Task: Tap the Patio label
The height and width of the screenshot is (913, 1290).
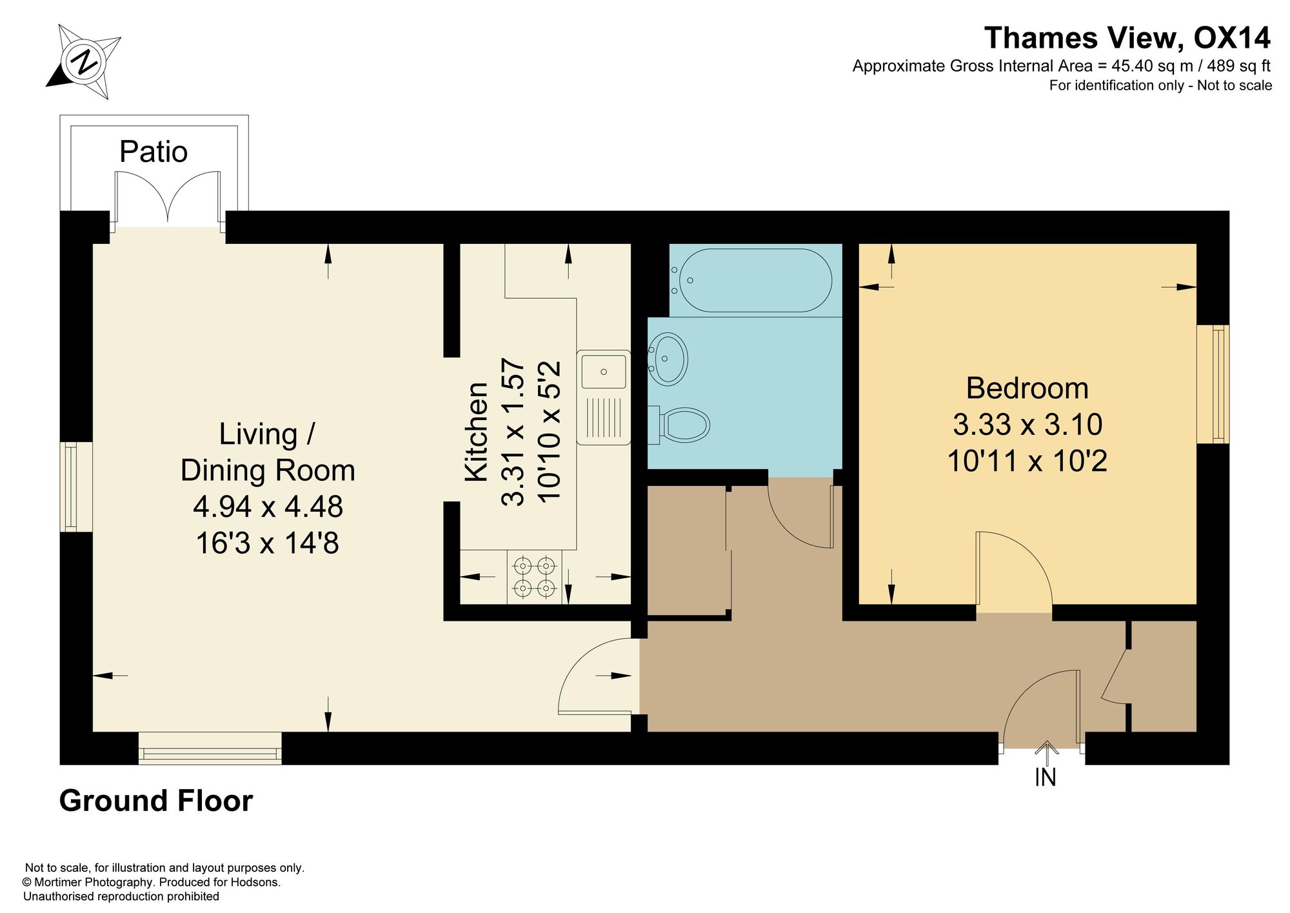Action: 154,152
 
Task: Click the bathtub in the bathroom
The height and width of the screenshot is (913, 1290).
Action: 751,281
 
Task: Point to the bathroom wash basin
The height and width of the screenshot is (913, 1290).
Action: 668,359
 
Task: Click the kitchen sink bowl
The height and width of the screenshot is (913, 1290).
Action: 604,372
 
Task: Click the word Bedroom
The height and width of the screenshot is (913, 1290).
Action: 1027,388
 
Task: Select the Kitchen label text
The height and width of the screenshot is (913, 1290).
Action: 477,432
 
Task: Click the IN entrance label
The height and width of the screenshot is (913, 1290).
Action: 1046,778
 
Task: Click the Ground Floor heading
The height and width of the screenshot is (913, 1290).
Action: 156,801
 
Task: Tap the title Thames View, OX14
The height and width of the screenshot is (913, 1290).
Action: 1127,38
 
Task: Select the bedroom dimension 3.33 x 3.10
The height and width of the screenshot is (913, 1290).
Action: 1027,425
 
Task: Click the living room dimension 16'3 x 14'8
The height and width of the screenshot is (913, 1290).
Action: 268,543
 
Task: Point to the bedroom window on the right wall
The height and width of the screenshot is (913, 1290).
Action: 1213,385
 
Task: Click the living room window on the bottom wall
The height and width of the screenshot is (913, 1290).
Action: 210,748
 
